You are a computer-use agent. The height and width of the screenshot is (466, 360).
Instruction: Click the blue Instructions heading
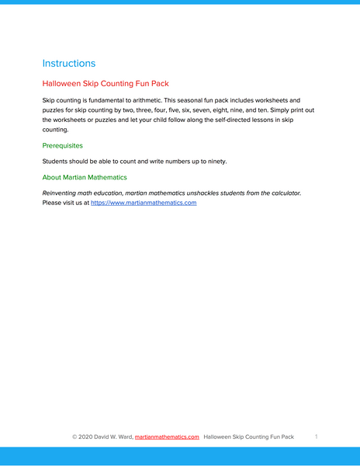click(x=69, y=63)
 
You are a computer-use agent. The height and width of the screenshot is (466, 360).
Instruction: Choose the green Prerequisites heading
click(x=63, y=145)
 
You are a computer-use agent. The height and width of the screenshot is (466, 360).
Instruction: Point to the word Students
click(x=57, y=162)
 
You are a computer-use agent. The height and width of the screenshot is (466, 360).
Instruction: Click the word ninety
click(x=213, y=162)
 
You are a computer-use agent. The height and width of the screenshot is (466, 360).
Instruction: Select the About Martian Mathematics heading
click(x=85, y=177)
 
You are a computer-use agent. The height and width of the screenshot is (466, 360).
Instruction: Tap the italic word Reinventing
click(x=64, y=193)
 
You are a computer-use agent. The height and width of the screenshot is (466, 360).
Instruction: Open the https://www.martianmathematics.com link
click(x=144, y=203)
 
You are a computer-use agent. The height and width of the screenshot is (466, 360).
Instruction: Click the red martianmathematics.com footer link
click(x=167, y=437)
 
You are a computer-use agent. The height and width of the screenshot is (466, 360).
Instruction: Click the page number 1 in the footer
click(x=317, y=437)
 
